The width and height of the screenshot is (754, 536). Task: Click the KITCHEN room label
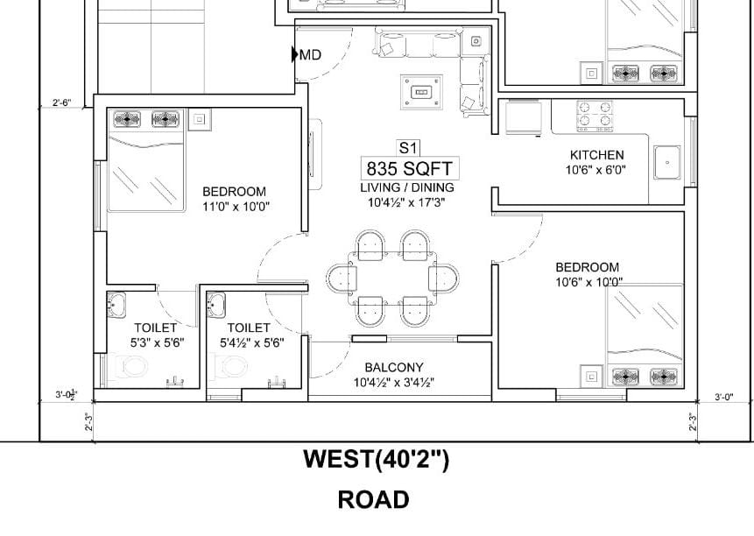pos(596,155)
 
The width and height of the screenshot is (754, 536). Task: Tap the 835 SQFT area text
pos(410,169)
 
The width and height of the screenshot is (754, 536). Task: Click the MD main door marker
pos(307,55)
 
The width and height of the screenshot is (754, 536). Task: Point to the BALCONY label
pos(394,368)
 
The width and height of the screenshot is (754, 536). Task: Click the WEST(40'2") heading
pos(377,459)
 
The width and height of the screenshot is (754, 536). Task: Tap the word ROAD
pos(374,499)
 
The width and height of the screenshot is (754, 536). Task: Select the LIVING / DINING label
pos(407,187)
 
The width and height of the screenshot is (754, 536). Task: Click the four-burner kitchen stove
pos(595,116)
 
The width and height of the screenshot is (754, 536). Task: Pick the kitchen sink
pos(667,163)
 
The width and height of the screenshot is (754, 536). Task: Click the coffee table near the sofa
pos(421,92)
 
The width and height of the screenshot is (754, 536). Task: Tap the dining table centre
pos(393,278)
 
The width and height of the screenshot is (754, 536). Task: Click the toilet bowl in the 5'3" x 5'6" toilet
pos(129,367)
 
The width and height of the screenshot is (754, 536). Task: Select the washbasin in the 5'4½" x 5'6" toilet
pos(216,305)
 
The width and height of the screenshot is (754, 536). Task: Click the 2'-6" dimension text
pos(61,102)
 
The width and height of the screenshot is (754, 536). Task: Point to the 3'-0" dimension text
pos(723,397)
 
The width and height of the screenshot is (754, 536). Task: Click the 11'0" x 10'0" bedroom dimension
pos(236,207)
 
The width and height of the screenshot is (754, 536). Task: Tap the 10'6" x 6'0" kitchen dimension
pos(595,170)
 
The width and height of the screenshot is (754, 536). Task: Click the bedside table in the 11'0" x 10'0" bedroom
pos(199,119)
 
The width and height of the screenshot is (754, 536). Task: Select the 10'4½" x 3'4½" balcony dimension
pos(394,383)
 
